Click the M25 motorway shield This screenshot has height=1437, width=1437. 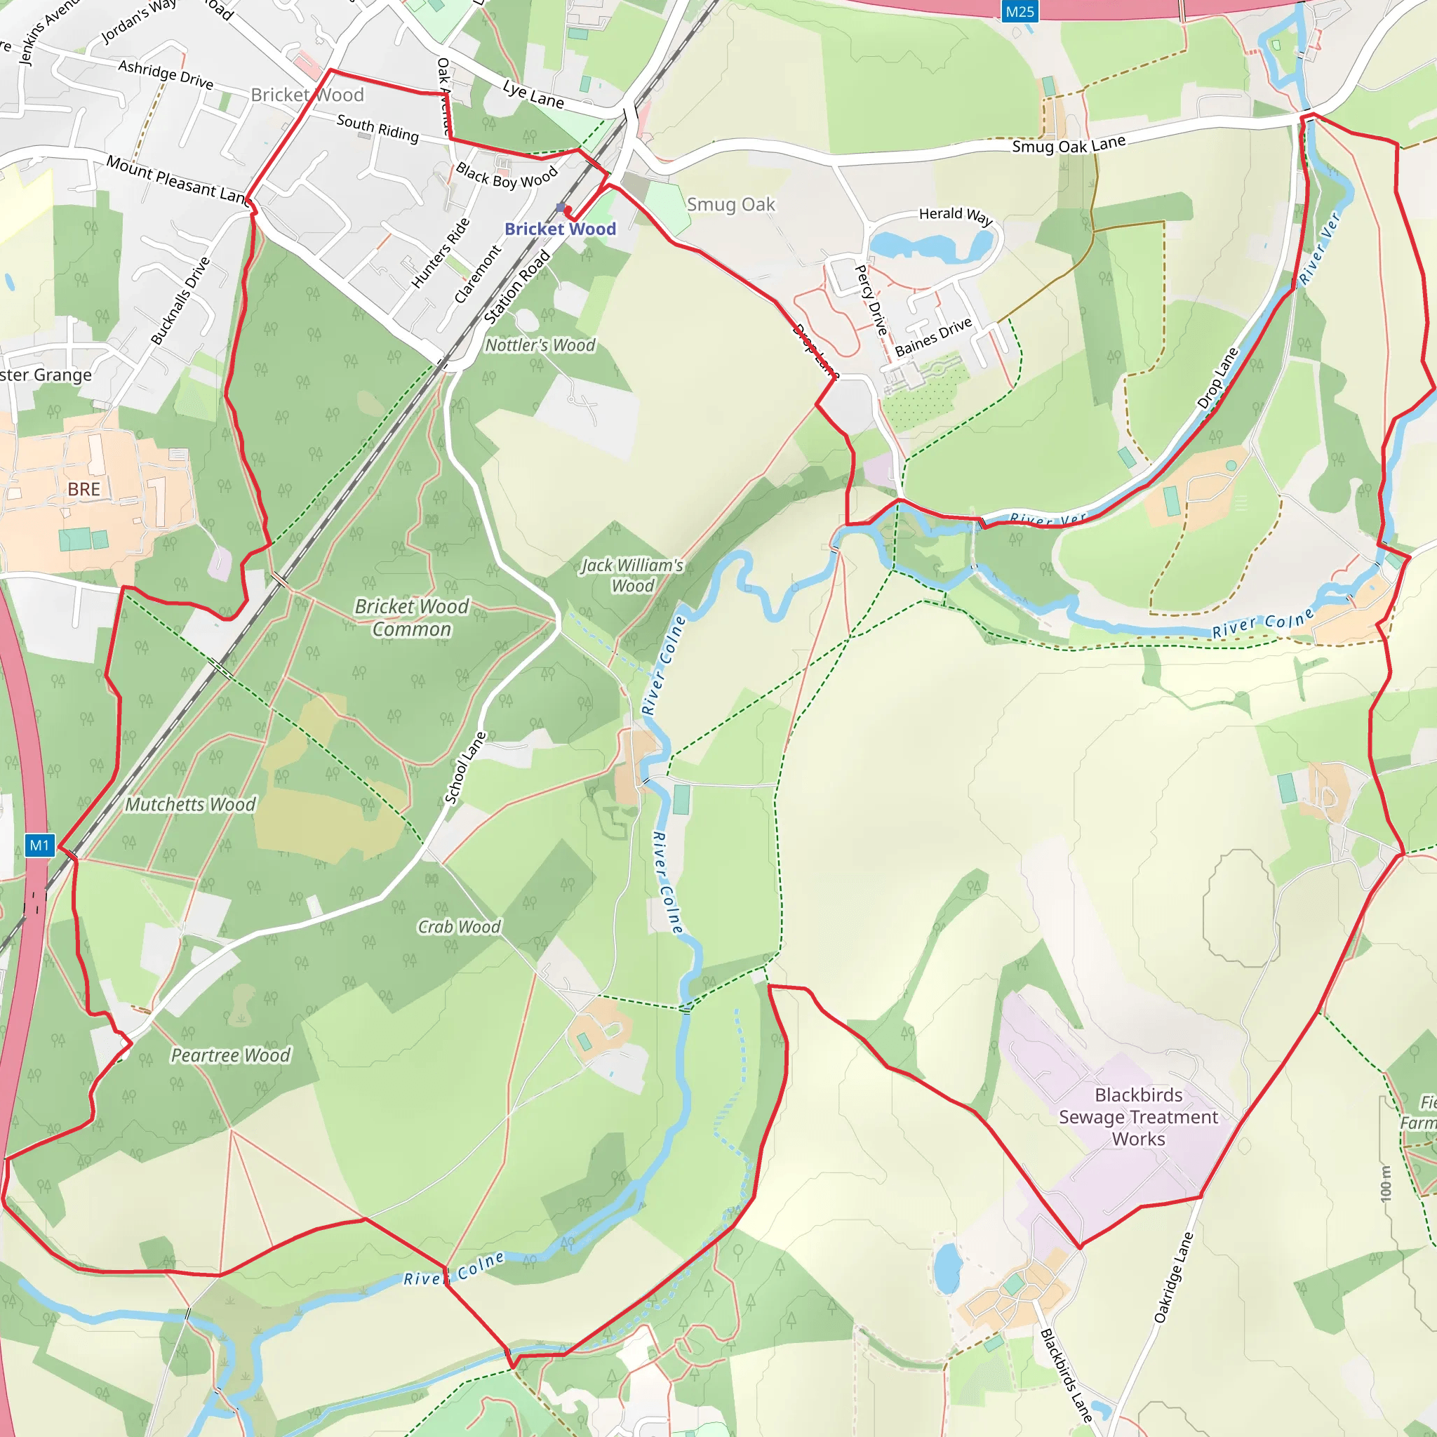click(x=1019, y=11)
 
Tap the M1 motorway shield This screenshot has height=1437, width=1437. click(x=39, y=845)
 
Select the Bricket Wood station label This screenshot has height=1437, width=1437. click(x=560, y=228)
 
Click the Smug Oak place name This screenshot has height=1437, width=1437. click(x=730, y=205)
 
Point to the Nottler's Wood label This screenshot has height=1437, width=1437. click(x=540, y=345)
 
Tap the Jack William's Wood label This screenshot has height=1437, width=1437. click(x=632, y=575)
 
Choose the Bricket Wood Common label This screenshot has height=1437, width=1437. click(x=411, y=617)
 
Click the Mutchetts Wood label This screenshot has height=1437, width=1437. click(x=189, y=804)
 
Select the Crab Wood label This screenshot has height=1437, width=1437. click(x=459, y=927)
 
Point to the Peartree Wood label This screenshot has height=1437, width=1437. click(x=231, y=1055)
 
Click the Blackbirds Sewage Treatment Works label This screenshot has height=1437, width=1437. click(x=1138, y=1116)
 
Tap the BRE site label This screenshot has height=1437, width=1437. click(x=83, y=488)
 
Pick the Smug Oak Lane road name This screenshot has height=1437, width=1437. click(x=1069, y=145)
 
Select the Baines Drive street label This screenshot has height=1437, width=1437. click(x=933, y=337)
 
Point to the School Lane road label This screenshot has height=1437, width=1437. click(x=465, y=768)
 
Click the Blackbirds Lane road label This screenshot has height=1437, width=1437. click(x=1066, y=1375)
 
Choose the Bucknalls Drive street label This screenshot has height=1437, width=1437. click(x=181, y=300)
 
